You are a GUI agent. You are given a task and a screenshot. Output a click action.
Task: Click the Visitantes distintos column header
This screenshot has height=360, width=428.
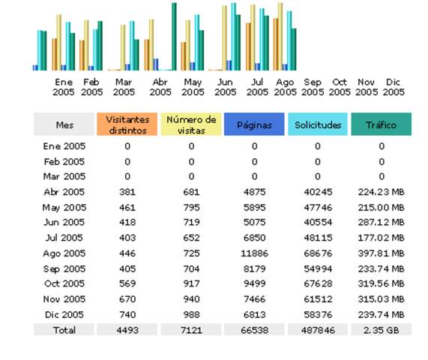[x=127, y=124]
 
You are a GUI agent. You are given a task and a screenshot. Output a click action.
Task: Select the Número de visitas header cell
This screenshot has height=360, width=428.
[x=191, y=124]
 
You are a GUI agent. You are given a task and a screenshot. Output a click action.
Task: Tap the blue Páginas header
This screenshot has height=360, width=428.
[x=254, y=124]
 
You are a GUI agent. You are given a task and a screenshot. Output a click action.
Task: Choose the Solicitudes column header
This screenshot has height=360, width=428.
[x=318, y=124]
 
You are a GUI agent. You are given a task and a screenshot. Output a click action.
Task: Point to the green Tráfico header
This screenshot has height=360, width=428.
[x=381, y=124]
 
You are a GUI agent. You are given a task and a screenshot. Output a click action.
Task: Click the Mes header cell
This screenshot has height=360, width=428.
[x=64, y=124]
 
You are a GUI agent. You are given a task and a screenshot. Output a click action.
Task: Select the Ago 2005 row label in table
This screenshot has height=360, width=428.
[x=64, y=253]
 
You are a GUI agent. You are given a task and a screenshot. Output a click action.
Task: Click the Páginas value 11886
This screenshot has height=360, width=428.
[x=254, y=253]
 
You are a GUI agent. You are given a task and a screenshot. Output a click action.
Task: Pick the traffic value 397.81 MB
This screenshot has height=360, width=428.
[x=381, y=253]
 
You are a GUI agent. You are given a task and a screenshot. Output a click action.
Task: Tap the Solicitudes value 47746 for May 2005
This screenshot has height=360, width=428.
[x=318, y=208]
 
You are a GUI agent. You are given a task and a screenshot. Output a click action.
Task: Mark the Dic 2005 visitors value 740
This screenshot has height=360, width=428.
[x=127, y=314]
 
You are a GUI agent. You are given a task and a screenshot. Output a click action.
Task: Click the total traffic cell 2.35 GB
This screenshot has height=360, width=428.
[x=381, y=330]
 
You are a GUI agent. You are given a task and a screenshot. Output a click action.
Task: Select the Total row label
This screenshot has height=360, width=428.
[x=64, y=330]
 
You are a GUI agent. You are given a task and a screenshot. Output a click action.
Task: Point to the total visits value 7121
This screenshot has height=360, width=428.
[x=191, y=330]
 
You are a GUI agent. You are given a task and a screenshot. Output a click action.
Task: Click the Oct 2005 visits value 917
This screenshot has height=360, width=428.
[x=191, y=283]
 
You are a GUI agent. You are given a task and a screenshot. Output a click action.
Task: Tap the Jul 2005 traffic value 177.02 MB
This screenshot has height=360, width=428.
[x=381, y=238]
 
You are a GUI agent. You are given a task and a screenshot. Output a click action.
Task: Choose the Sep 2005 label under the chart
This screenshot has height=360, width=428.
[x=313, y=87]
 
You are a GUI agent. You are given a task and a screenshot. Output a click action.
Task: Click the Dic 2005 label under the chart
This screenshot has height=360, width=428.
[x=394, y=87]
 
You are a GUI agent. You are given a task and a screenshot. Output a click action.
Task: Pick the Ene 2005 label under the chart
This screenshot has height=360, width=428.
[x=64, y=87]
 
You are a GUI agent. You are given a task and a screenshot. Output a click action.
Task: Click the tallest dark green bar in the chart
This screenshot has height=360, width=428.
[x=174, y=37]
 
